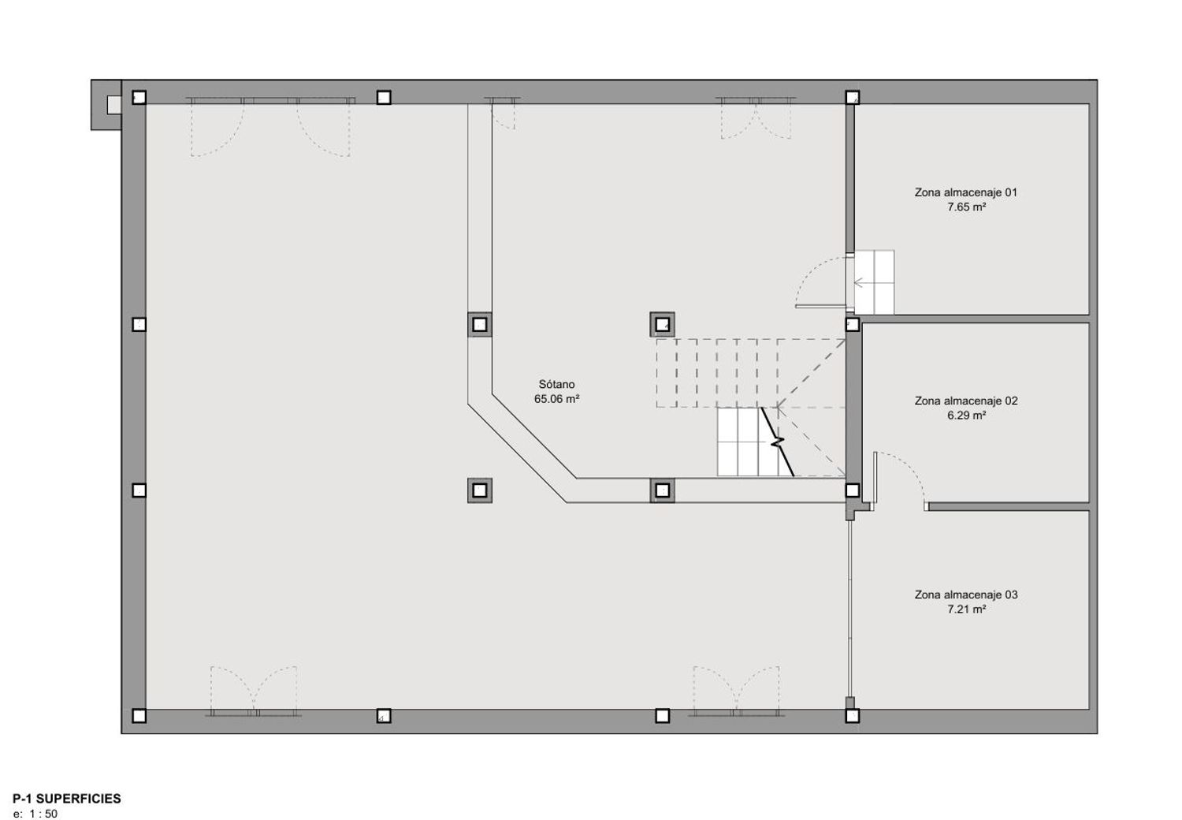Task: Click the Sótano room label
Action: pyautogui.click(x=556, y=385)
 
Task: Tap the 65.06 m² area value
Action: pyautogui.click(x=556, y=399)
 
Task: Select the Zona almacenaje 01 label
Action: pyautogui.click(x=966, y=192)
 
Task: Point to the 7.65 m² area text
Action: pyautogui.click(x=966, y=207)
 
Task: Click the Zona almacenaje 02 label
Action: pyautogui.click(x=966, y=401)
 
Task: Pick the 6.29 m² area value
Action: pyautogui.click(x=966, y=416)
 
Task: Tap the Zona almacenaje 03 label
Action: pyautogui.click(x=966, y=594)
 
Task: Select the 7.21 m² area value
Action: pyautogui.click(x=966, y=609)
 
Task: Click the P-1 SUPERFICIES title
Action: pyautogui.click(x=67, y=799)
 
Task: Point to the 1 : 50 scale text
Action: pyautogui.click(x=43, y=814)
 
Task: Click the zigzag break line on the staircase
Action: pyautogui.click(x=777, y=442)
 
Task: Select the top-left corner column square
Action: pyautogui.click(x=139, y=97)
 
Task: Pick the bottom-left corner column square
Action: pyautogui.click(x=139, y=716)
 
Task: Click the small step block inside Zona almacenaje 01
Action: pyautogui.click(x=874, y=282)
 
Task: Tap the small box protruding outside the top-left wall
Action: pyautogui.click(x=113, y=105)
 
